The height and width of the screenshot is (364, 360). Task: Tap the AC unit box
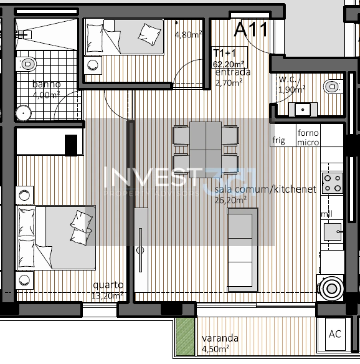point(335,334)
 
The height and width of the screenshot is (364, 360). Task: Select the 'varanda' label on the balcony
point(220,338)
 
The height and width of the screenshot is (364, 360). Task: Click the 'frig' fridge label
point(279,140)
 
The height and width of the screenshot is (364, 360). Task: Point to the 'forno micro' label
point(308,137)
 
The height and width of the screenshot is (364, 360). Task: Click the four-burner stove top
point(332,183)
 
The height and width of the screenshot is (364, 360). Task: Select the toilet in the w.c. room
point(332,86)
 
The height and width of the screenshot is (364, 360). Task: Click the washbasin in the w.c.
point(303,109)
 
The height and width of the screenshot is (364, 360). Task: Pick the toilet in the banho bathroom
point(27,64)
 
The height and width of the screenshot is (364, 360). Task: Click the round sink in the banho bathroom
point(24,113)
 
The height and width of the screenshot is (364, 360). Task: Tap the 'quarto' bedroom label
point(108,285)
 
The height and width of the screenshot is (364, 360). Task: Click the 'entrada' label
point(233,72)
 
